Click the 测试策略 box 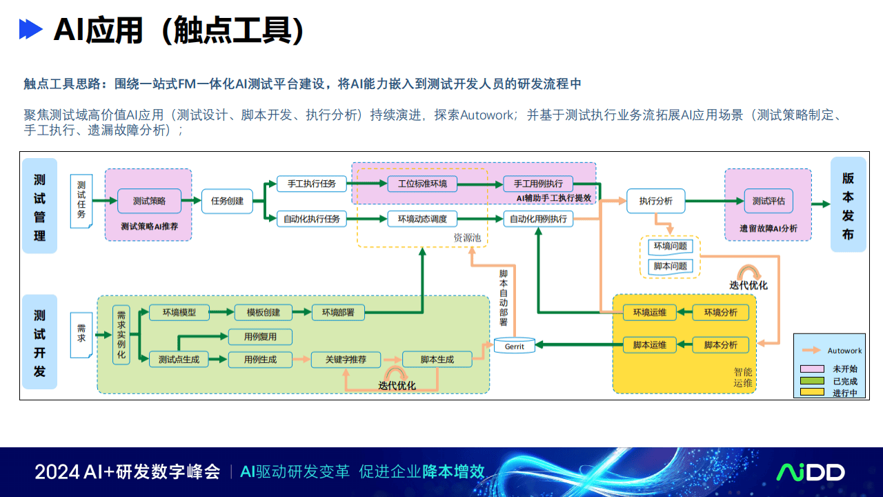pyautogui.click(x=149, y=201)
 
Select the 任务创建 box pyautogui.click(x=227, y=201)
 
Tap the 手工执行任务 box pyautogui.click(x=311, y=184)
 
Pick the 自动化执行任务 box pyautogui.click(x=311, y=219)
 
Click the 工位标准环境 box pyautogui.click(x=422, y=184)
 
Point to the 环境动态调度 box pyautogui.click(x=422, y=219)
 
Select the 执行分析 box pyautogui.click(x=655, y=201)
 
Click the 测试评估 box pyautogui.click(x=768, y=201)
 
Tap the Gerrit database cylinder pyautogui.click(x=514, y=345)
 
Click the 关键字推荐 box pyautogui.click(x=346, y=359)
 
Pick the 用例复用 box pyautogui.click(x=260, y=337)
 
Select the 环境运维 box pyautogui.click(x=649, y=312)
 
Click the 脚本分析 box pyautogui.click(x=720, y=344)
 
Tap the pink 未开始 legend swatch pyautogui.click(x=812, y=369)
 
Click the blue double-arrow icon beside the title pyautogui.click(x=31, y=30)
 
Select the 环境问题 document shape pyautogui.click(x=670, y=246)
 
